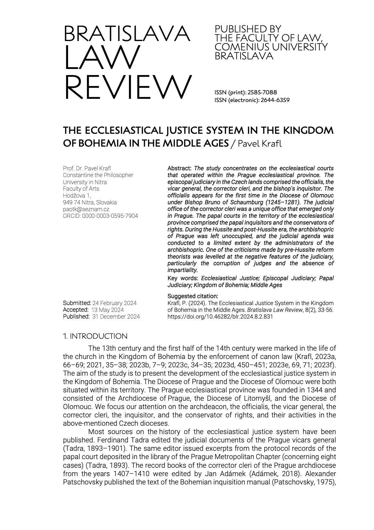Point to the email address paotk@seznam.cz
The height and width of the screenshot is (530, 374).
coord(86,209)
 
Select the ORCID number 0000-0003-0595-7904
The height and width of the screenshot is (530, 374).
coord(110,216)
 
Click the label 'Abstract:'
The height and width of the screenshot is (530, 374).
coord(180,168)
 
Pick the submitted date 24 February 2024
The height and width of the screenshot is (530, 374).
coord(114,303)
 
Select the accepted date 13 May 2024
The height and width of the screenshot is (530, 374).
coord(107,310)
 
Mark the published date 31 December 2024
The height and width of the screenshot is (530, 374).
coord(116,317)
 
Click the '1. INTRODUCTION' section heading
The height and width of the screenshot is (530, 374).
coord(95,336)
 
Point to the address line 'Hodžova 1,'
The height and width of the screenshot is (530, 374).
coord(77,195)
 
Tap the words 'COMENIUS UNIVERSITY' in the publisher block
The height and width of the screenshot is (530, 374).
coord(271,47)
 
